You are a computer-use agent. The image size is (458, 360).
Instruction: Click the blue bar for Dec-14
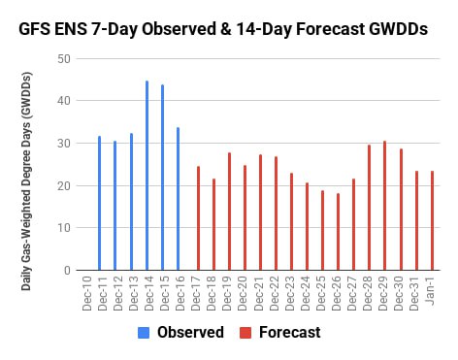[x=147, y=176]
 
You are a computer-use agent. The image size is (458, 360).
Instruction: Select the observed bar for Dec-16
[x=178, y=199]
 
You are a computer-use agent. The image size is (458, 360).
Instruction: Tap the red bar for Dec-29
[x=384, y=206]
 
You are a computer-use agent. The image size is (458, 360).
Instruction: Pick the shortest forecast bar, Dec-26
[x=338, y=232]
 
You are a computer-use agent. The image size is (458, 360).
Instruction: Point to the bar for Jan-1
[x=432, y=220]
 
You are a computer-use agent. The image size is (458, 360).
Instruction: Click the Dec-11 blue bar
[x=99, y=203]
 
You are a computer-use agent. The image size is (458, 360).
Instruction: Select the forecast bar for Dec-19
[x=229, y=212]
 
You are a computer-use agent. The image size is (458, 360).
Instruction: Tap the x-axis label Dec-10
[x=87, y=293]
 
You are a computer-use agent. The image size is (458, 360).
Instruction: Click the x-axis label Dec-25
[x=320, y=293]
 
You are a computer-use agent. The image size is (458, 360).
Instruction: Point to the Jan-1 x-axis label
[x=431, y=290]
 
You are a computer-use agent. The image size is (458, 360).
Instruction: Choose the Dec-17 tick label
[x=196, y=293]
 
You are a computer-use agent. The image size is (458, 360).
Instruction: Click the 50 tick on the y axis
[x=64, y=59]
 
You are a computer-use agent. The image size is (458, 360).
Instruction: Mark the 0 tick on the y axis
[x=67, y=270]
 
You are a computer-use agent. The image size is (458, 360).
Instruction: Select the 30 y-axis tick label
[x=64, y=144]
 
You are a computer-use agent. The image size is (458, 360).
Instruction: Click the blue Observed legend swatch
[x=144, y=333]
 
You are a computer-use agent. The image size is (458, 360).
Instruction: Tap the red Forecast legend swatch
[x=245, y=333]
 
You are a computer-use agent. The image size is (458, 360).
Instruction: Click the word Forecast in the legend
[x=290, y=332]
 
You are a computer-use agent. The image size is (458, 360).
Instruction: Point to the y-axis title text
[x=26, y=181]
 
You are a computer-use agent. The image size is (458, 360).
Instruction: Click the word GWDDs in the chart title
[x=398, y=29]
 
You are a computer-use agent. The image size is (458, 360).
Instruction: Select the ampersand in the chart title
[x=225, y=29]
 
